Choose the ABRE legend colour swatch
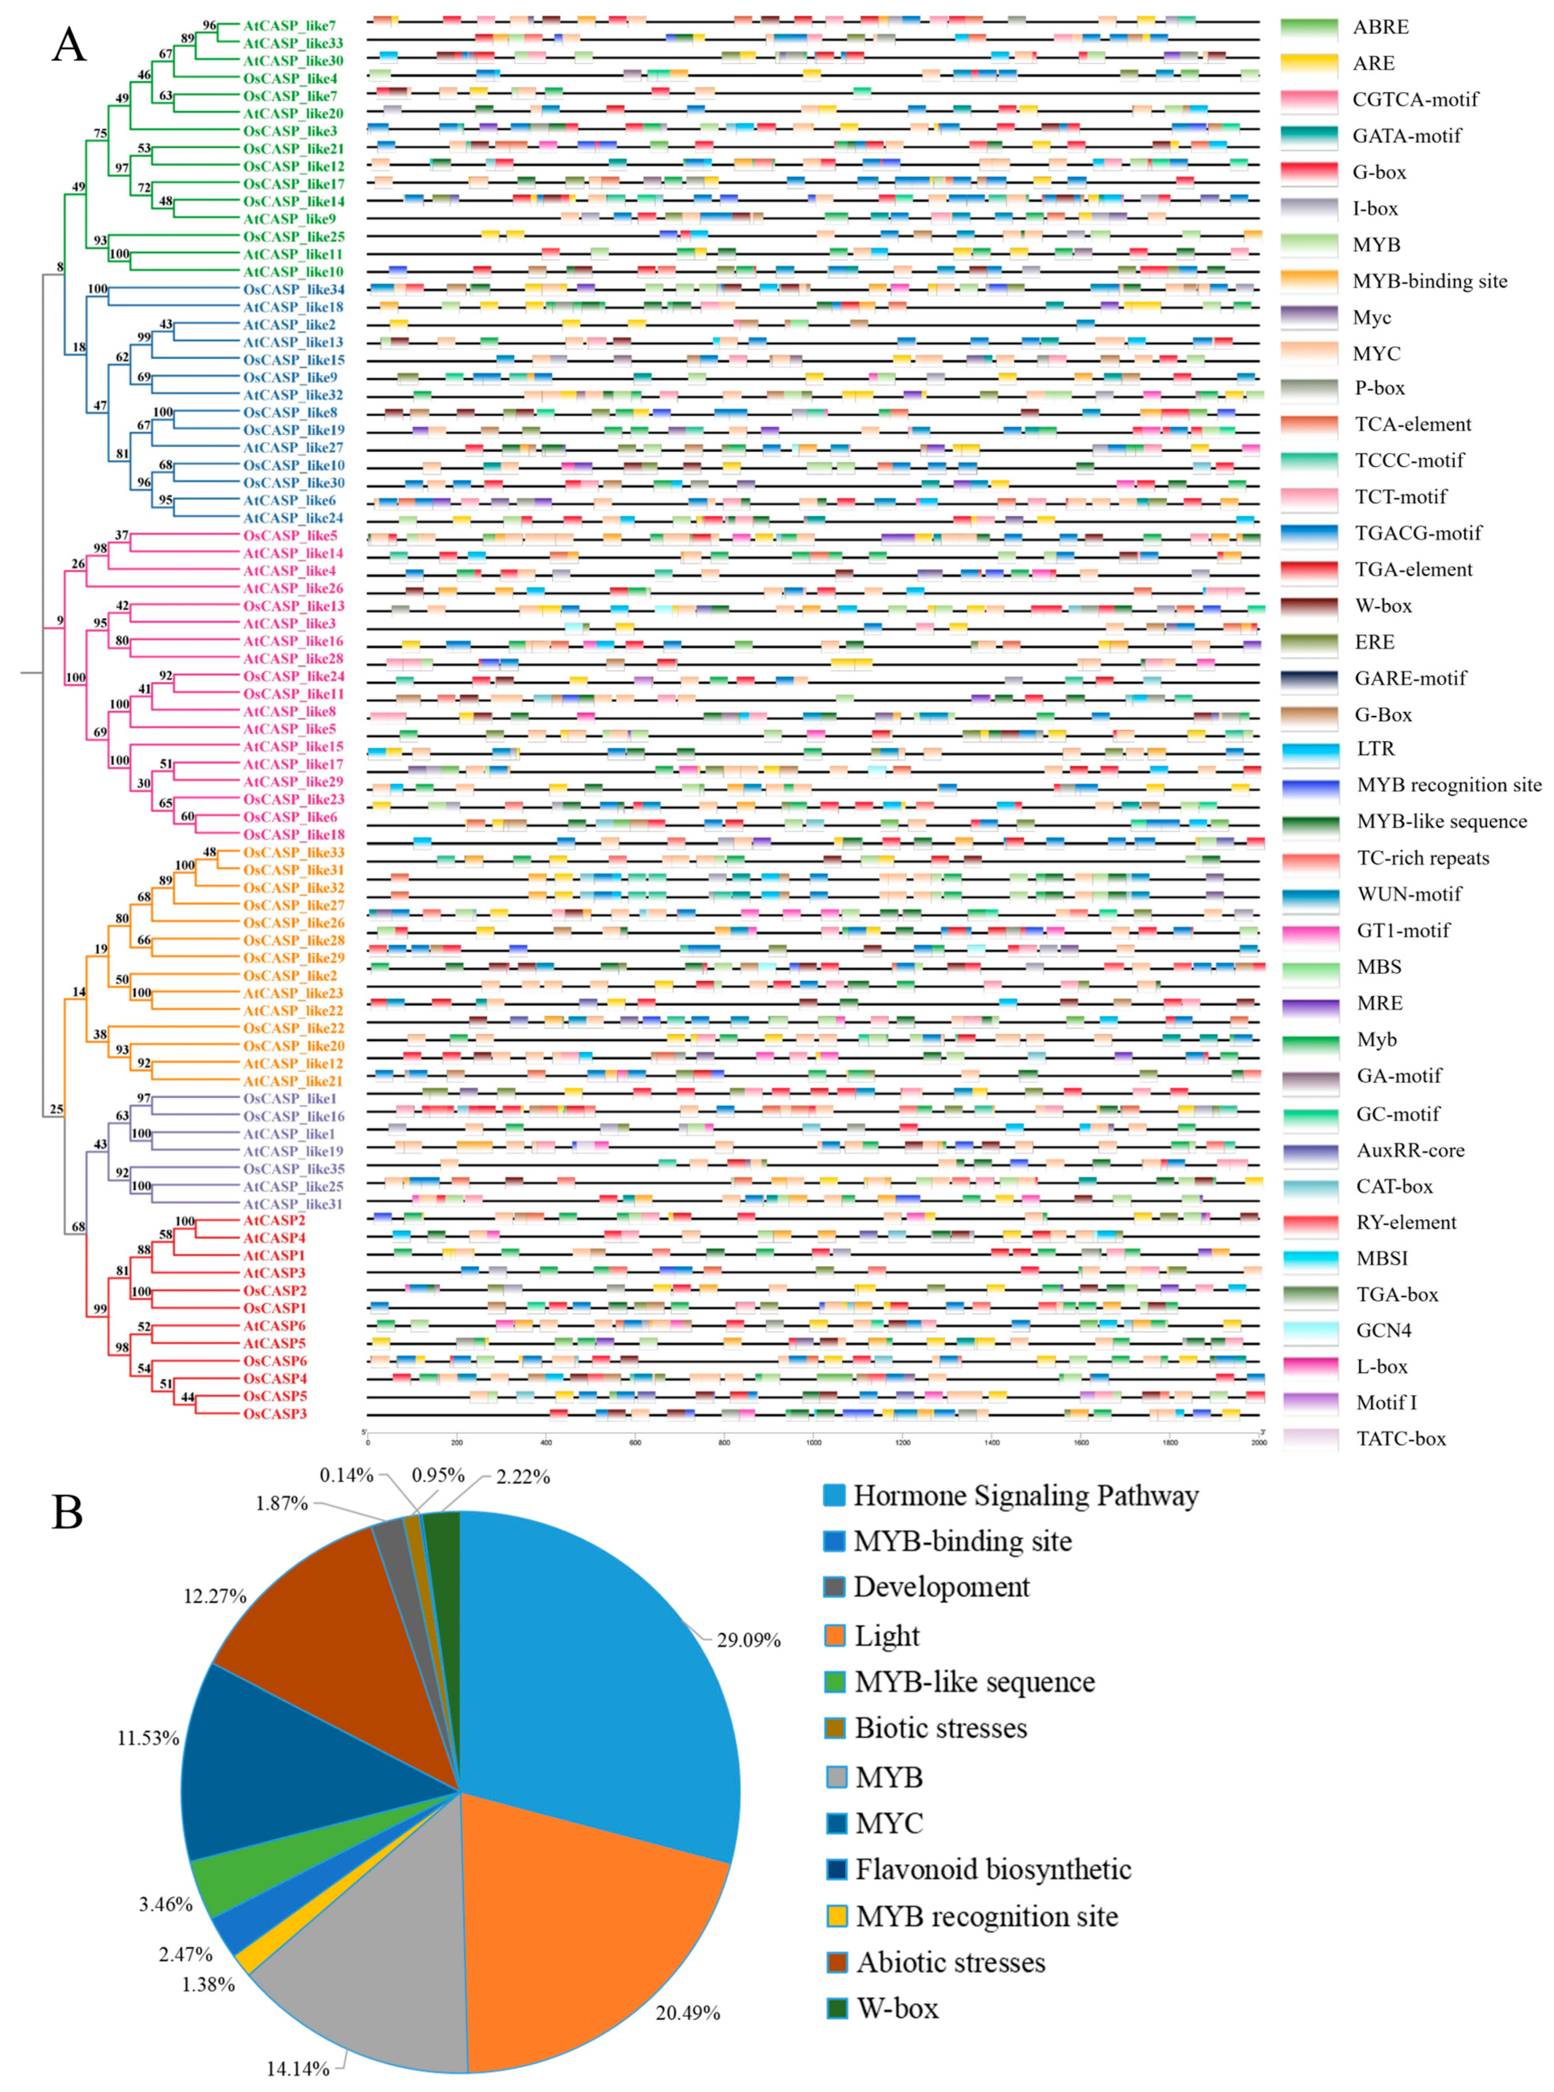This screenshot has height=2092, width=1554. pos(1308,27)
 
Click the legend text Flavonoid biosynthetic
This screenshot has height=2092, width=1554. pos(992,1869)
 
